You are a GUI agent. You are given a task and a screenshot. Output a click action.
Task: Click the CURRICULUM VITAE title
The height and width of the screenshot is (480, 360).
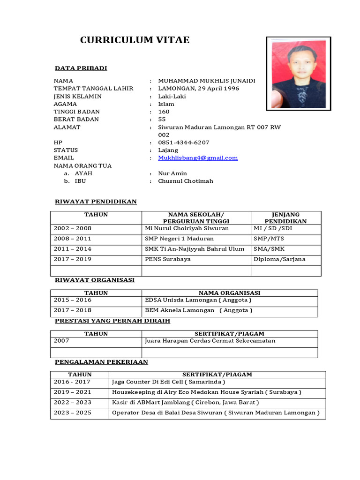point(135,40)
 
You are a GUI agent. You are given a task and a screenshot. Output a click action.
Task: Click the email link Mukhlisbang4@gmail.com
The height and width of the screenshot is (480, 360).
point(198,158)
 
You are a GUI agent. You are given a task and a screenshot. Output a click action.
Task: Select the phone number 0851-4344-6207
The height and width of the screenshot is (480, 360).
point(184,142)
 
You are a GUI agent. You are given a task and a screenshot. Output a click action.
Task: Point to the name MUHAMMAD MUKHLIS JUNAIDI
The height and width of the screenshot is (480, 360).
point(207,81)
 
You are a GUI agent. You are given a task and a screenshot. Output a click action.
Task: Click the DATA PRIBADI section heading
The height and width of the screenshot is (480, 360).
point(81,68)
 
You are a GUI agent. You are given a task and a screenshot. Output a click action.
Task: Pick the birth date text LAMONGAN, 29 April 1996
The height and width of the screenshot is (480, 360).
point(199,88)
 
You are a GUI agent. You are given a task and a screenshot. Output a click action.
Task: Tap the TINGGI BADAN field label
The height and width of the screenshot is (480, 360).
point(76,112)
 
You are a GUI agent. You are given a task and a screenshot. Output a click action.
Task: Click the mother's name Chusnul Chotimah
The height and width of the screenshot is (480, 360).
point(186,181)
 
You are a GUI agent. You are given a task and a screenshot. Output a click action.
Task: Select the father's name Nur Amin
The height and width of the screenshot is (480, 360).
point(172,173)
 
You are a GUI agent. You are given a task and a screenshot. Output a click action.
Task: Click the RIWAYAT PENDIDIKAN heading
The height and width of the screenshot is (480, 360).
point(96,202)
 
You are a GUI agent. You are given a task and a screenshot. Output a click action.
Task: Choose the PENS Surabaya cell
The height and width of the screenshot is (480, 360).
point(168,259)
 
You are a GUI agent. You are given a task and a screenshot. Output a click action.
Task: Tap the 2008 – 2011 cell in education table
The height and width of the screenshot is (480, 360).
point(73,239)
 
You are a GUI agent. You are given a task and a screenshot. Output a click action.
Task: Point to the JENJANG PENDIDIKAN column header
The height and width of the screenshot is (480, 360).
point(285,217)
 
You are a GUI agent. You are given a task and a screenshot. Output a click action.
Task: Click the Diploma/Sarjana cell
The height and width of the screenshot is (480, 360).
point(279,259)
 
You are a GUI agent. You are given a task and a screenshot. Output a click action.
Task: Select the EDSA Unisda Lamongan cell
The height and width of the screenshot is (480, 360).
point(198,300)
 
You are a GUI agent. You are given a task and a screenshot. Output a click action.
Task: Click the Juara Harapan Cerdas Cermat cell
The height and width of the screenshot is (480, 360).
point(210,341)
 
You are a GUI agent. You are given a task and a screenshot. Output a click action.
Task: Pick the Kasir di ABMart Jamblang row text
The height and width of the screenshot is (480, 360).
point(185,403)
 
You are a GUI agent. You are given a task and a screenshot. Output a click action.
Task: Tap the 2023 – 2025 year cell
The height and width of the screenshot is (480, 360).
point(73,413)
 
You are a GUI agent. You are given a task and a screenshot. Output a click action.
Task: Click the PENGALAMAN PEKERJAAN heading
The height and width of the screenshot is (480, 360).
point(101,362)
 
